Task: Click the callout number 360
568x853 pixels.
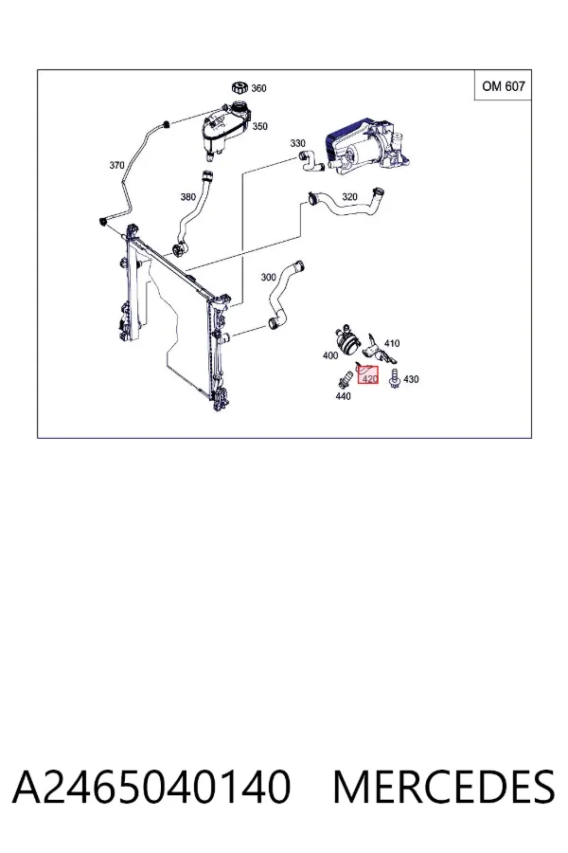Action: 258,88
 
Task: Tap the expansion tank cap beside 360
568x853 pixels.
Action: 240,87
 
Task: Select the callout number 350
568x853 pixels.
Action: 259,126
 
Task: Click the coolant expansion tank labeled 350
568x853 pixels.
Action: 225,129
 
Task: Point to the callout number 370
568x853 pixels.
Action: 116,165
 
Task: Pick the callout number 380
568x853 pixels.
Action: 188,197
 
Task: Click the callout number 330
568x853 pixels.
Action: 298,143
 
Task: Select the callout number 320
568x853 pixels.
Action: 349,196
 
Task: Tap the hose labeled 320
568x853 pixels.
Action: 347,208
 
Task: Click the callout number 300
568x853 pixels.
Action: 269,278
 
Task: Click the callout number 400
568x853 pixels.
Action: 330,355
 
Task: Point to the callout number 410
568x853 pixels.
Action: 392,343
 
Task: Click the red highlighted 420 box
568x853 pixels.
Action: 368,375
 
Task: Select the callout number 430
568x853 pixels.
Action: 411,379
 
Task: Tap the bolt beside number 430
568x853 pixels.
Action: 395,378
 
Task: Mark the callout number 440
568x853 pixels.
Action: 343,396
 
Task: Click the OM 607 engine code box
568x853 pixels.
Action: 504,86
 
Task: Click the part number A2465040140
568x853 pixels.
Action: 151,786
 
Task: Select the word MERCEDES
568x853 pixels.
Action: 444,786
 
